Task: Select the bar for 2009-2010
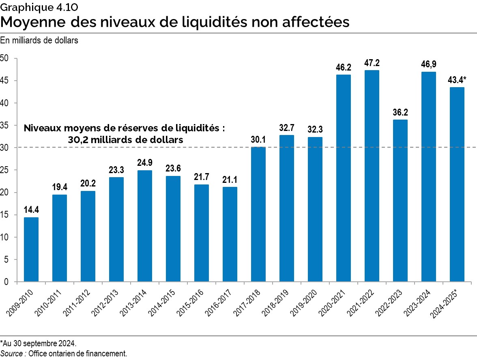31,249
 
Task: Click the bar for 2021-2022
372,176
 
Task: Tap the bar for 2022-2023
400,201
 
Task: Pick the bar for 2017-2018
258,214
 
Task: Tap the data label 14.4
31,210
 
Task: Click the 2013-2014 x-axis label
138,300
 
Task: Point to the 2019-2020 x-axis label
308,300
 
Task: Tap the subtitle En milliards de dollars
39,41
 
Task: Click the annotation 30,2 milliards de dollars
125,139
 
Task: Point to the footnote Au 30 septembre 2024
39,343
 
